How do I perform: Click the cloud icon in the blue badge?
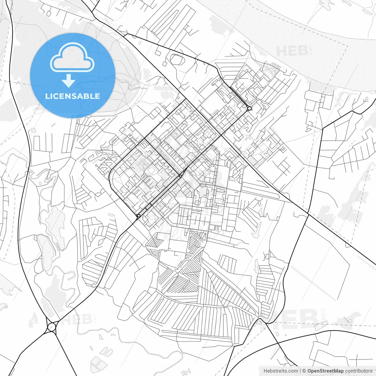(x=72, y=58)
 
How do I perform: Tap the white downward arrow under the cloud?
(x=69, y=81)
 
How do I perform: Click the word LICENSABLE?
(x=72, y=96)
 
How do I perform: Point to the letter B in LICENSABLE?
(x=86, y=96)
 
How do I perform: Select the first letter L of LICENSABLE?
(x=47, y=96)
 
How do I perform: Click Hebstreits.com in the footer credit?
(x=281, y=371)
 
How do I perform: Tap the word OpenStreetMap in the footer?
(x=325, y=371)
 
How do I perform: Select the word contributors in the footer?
(x=359, y=371)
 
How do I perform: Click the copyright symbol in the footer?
(x=304, y=371)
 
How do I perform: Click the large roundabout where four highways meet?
(x=51, y=327)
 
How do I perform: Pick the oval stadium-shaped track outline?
(x=177, y=60)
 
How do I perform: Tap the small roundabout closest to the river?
(x=249, y=109)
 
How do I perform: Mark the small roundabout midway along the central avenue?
(x=180, y=176)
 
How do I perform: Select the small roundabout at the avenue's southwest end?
(x=138, y=216)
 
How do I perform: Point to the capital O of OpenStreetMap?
(x=310, y=371)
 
